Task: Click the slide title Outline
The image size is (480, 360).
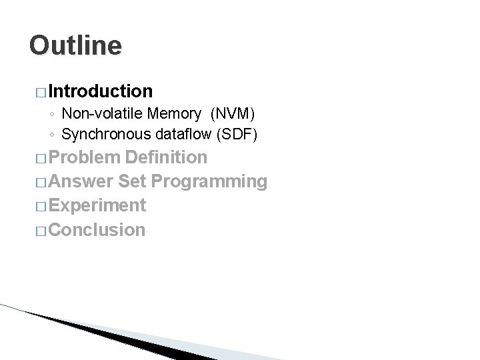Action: pyautogui.click(x=76, y=45)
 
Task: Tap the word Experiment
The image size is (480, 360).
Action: pyautogui.click(x=97, y=206)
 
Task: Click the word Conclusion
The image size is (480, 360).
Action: pyautogui.click(x=97, y=230)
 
